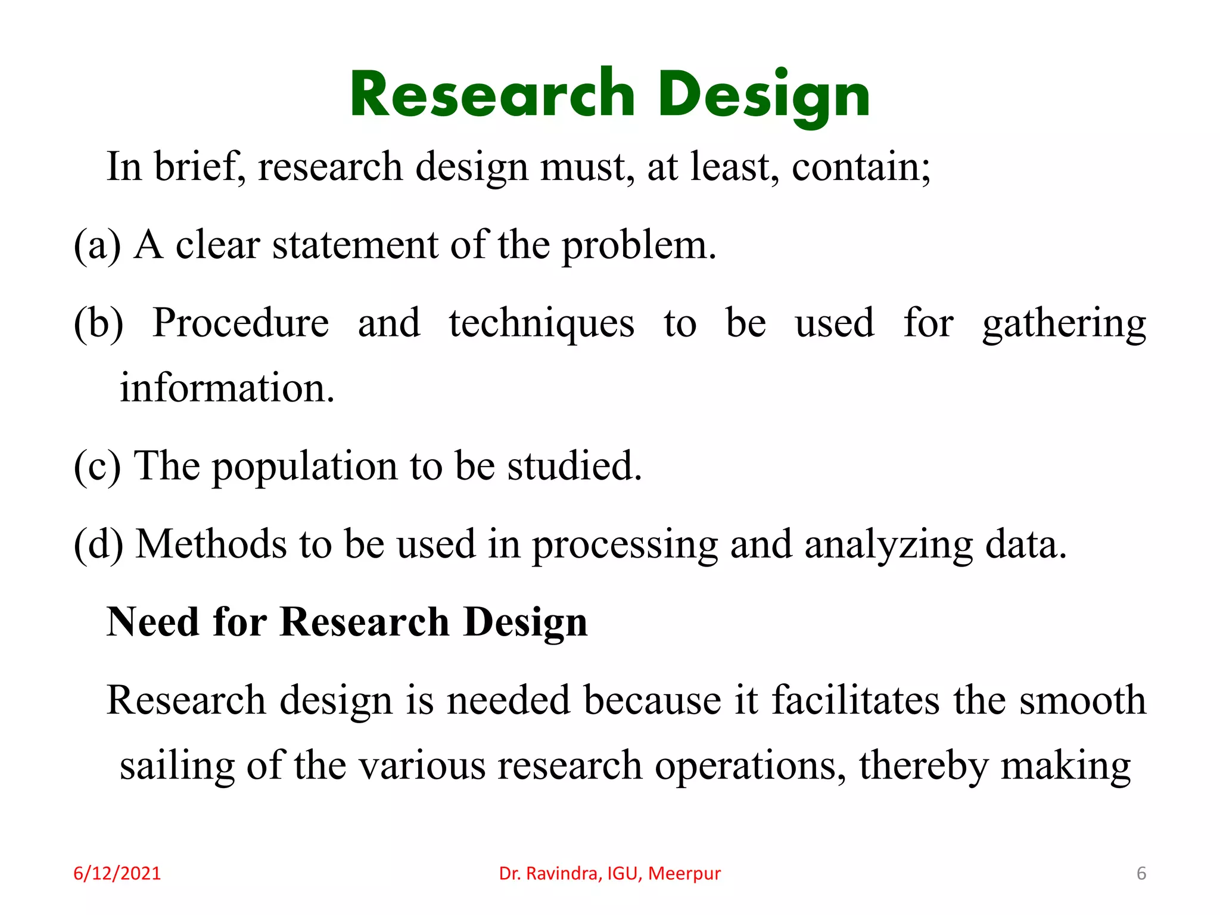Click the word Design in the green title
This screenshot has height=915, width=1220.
(x=764, y=95)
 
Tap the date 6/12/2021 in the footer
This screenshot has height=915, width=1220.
(x=117, y=873)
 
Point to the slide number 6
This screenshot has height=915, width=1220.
(x=1141, y=873)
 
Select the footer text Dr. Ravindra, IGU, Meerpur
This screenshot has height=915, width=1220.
(x=610, y=873)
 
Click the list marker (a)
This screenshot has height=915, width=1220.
(x=97, y=245)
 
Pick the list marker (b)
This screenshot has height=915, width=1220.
(x=98, y=323)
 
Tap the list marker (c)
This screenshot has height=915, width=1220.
(x=97, y=466)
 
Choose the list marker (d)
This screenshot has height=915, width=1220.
(x=98, y=544)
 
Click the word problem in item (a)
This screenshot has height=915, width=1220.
(x=639, y=247)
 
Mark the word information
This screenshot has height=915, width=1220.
(x=227, y=388)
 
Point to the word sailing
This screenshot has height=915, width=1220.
(x=177, y=767)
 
